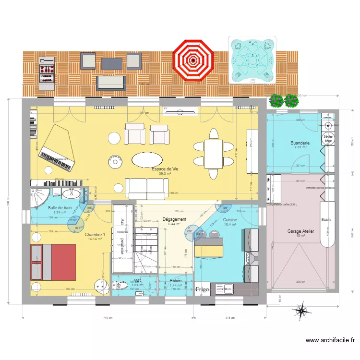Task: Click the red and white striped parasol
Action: point(193,60)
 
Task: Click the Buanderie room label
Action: point(300,143)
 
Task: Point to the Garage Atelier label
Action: point(300,231)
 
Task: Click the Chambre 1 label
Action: point(95,235)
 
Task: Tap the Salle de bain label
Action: point(60,208)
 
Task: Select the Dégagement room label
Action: point(174,219)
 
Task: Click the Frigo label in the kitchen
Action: point(202,289)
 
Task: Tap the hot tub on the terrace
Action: point(252,60)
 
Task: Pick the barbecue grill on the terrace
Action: point(47,73)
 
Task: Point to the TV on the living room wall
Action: point(180,111)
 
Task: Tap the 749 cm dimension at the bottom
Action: point(107,318)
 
